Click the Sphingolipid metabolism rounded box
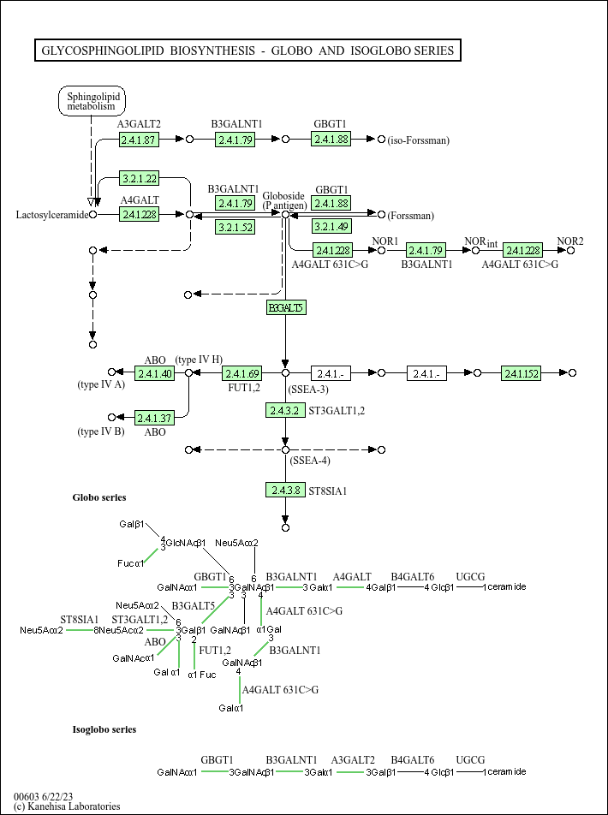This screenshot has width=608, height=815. click(x=91, y=101)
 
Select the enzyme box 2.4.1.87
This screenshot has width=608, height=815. click(x=139, y=140)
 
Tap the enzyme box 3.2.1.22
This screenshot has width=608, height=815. click(x=139, y=178)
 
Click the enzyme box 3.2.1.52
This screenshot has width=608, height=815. click(x=235, y=227)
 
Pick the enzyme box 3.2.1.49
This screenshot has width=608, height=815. click(x=331, y=227)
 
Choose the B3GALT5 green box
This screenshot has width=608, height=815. click(x=285, y=307)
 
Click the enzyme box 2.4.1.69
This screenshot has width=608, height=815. click(x=241, y=373)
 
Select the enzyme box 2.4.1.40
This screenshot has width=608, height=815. click(x=154, y=373)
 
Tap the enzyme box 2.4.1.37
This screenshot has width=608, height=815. click(x=154, y=418)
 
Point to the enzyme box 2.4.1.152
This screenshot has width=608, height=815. click(x=522, y=373)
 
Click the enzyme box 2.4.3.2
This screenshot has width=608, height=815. click(x=284, y=411)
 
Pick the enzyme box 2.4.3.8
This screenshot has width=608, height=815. click(x=284, y=490)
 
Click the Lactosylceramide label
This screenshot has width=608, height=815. click(x=52, y=214)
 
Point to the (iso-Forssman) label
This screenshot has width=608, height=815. click(x=419, y=140)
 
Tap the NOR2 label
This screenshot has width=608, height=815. click(x=570, y=241)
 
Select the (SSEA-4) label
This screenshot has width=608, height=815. click(x=309, y=461)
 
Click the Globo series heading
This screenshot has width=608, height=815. click(x=98, y=497)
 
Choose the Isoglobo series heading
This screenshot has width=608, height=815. click(x=104, y=729)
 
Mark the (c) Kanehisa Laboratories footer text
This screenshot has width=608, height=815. click(x=67, y=806)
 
